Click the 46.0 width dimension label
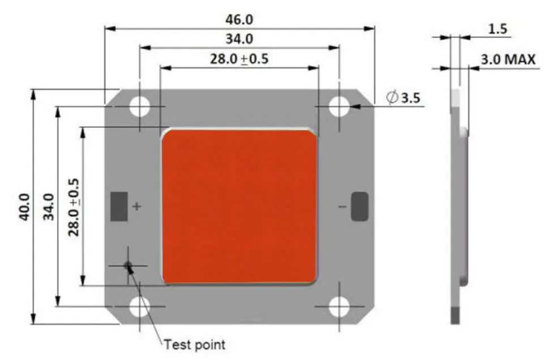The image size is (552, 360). [239, 20]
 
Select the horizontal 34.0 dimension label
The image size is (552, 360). [239, 38]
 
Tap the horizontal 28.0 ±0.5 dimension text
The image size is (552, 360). [239, 59]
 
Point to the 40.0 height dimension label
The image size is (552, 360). [24, 207]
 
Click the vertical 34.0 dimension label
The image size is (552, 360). [49, 207]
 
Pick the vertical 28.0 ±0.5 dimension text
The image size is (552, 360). [74, 207]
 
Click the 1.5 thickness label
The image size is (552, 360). [498, 29]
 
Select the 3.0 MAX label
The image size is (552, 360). [508, 59]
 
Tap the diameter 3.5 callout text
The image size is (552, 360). [403, 97]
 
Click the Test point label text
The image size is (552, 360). [195, 345]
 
